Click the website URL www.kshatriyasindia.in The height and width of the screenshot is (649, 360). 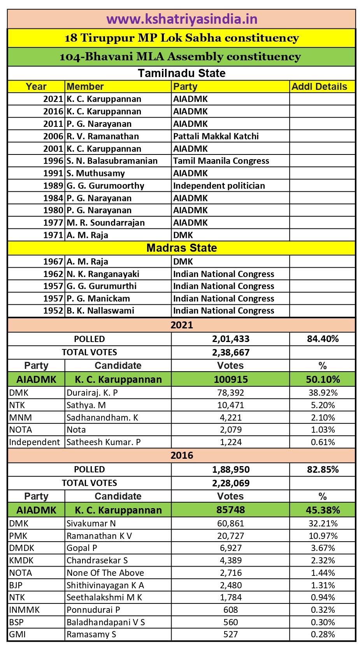point(182,19)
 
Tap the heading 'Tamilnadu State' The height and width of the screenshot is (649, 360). point(182,73)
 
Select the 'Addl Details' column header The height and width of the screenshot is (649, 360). point(319,86)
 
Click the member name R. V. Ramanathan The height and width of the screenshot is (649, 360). point(103,136)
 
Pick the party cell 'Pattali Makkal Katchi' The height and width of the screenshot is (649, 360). point(216,136)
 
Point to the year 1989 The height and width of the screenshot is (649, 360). point(53,186)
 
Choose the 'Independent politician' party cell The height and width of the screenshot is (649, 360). point(219,186)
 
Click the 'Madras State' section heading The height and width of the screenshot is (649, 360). point(182,248)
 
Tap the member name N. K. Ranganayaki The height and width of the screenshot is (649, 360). point(103,274)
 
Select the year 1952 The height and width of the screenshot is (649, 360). point(53,310)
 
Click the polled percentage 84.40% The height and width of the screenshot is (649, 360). point(323,339)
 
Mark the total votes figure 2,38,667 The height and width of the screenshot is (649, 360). point(231,352)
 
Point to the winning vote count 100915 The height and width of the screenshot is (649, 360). point(231,379)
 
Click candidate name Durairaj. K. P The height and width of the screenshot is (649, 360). point(92,393)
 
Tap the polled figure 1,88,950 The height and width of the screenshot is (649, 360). point(231,469)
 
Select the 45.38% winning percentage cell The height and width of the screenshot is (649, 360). point(323,510)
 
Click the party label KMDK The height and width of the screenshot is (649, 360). point(21,560)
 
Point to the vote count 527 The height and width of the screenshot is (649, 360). point(231,634)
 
